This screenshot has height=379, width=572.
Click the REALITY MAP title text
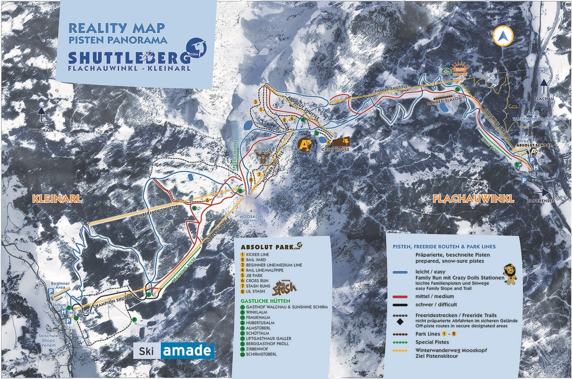[117, 28]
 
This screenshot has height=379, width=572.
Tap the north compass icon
[503, 35]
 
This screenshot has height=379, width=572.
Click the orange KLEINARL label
[57, 198]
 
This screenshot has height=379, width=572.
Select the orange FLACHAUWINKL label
[473, 199]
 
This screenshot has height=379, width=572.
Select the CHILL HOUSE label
[335, 149]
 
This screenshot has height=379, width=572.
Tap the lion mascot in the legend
[510, 274]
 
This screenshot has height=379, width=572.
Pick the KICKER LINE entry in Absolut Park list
[257, 254]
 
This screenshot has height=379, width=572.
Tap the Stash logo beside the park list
[285, 287]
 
